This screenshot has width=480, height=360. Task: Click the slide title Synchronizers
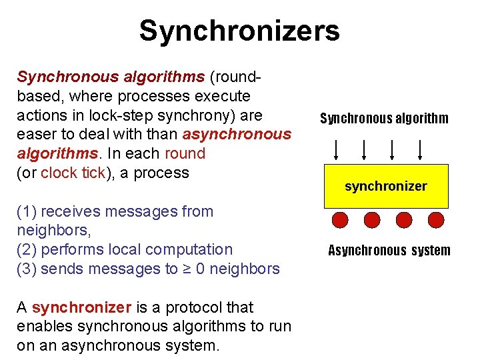(239, 31)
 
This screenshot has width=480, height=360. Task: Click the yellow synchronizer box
(385, 185)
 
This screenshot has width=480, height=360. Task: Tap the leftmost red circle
(341, 220)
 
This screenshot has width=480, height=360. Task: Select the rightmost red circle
(435, 220)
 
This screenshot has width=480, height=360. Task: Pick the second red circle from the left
(372, 220)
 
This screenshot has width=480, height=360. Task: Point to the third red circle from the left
(404, 220)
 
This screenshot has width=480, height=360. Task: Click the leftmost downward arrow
(336, 149)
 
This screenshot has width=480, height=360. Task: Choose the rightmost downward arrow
(421, 149)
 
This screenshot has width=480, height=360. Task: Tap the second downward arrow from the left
(364, 149)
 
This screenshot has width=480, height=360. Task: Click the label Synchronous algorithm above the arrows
(384, 119)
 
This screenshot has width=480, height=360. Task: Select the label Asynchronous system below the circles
(389, 251)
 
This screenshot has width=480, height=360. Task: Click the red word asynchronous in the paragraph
(237, 134)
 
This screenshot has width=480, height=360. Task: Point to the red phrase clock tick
(73, 173)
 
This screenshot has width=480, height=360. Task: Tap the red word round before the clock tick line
(185, 153)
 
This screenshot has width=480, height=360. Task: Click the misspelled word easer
(36, 134)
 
